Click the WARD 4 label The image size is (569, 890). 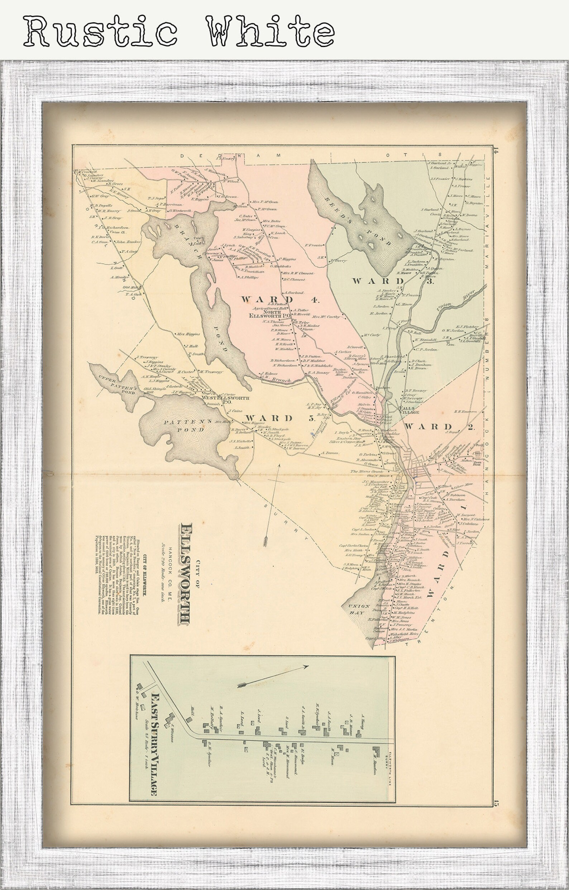pos(280,300)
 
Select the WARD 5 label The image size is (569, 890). pos(279,418)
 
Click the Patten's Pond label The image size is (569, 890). pos(184,425)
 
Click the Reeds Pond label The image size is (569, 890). pos(358,220)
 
